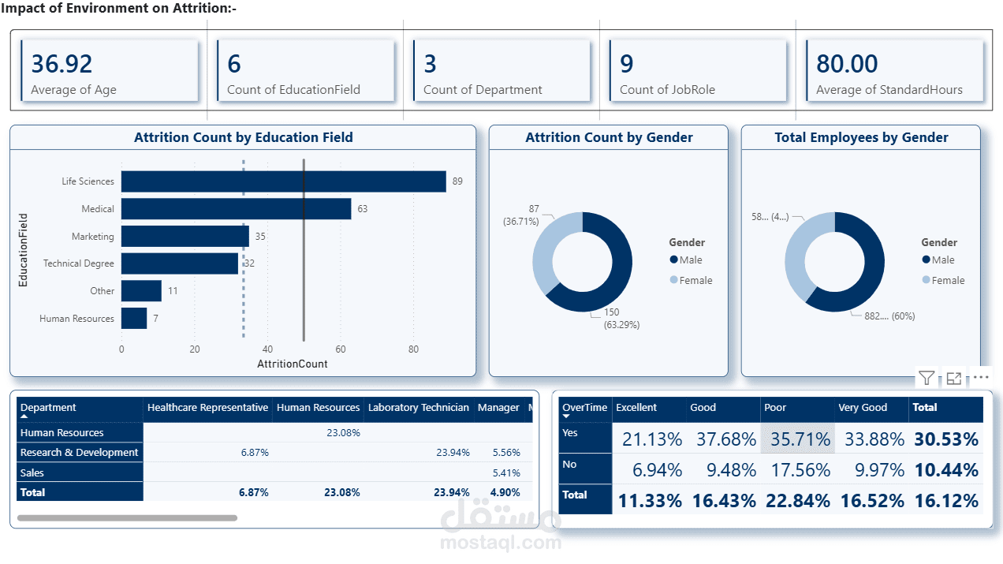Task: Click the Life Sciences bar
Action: click(x=283, y=181)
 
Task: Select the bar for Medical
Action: click(x=236, y=209)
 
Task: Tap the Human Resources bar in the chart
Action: click(x=134, y=319)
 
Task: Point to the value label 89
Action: click(x=457, y=181)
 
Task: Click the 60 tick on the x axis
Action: click(x=341, y=349)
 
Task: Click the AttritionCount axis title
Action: click(x=292, y=364)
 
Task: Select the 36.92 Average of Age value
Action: click(x=62, y=63)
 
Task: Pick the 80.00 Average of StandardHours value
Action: click(x=847, y=63)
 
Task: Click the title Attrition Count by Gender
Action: click(x=609, y=137)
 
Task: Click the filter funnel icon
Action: click(x=927, y=379)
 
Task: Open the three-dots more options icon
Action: click(x=981, y=378)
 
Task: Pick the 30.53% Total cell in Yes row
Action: click(x=946, y=439)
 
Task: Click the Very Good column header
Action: click(x=863, y=408)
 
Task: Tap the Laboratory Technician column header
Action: click(x=418, y=408)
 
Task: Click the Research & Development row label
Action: click(x=79, y=453)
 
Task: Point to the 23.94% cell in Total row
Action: click(x=453, y=492)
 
